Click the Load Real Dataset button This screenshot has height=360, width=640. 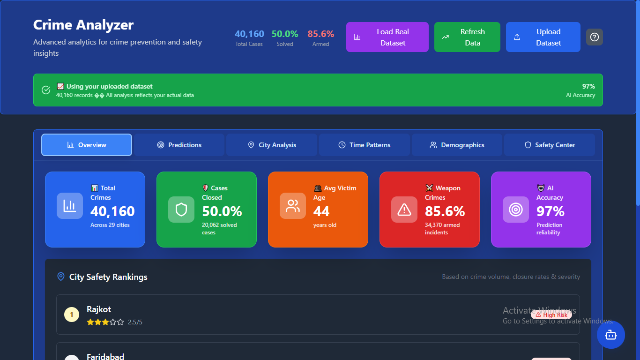click(387, 37)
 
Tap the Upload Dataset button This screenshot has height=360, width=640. click(543, 37)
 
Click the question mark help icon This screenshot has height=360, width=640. click(595, 37)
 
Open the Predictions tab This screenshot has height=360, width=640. click(179, 145)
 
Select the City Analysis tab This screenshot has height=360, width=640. click(272, 145)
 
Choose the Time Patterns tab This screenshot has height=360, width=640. click(364, 145)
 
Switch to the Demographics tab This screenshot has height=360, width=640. click(457, 145)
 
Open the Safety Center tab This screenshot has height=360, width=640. click(549, 145)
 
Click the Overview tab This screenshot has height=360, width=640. click(87, 145)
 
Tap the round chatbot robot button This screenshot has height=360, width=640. click(610, 335)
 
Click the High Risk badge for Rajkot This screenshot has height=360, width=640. click(551, 315)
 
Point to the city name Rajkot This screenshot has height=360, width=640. click(99, 309)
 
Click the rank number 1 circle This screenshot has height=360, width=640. click(72, 315)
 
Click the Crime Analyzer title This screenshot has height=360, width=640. click(83, 25)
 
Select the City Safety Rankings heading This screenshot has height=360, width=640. click(108, 277)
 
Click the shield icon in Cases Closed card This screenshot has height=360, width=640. click(181, 210)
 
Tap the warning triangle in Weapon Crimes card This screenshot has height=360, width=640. click(404, 210)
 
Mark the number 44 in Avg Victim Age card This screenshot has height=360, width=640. click(321, 211)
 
